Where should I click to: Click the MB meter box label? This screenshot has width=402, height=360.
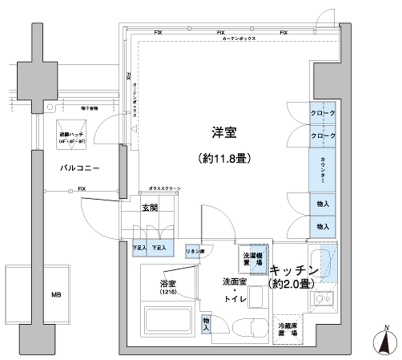tap(55, 294)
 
